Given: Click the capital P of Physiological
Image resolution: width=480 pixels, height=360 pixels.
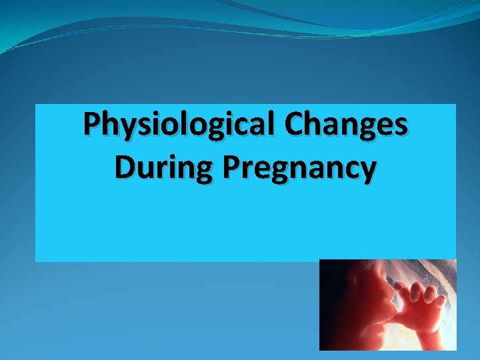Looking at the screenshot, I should (91, 125).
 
